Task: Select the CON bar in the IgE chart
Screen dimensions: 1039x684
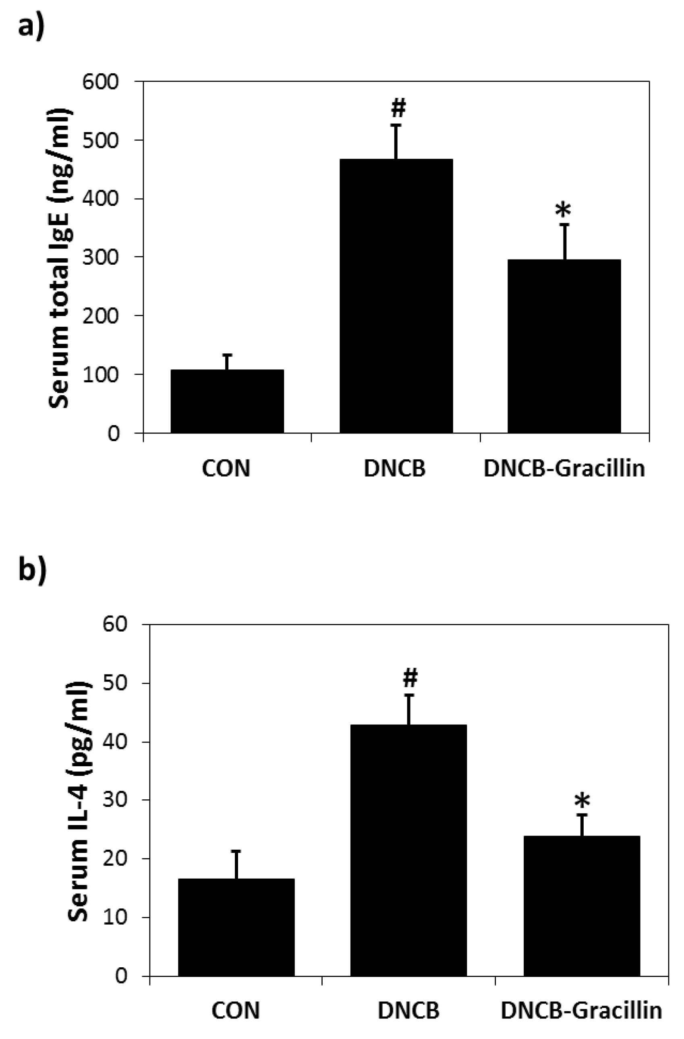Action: [x=227, y=401]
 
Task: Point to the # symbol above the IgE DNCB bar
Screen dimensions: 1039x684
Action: [x=398, y=108]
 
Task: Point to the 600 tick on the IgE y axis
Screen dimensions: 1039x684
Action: [x=101, y=82]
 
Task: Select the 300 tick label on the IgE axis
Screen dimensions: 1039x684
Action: [x=101, y=257]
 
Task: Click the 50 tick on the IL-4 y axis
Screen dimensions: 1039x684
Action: [x=114, y=683]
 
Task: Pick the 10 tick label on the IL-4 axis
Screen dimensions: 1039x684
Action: [x=114, y=917]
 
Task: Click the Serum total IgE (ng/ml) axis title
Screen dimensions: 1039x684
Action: [x=59, y=257]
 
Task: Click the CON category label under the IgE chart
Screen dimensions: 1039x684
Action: [x=226, y=469]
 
